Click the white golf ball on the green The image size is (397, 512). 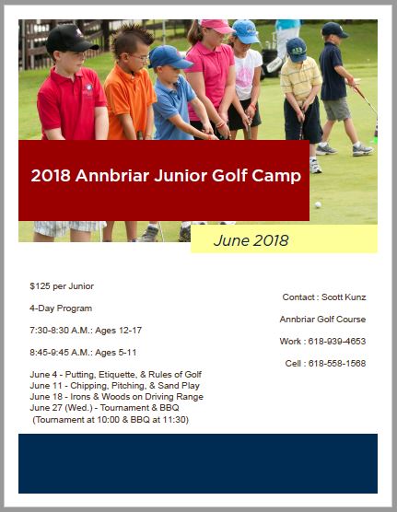(318, 204)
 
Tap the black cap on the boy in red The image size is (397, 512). (69, 40)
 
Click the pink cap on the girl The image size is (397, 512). (216, 26)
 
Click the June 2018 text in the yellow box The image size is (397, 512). (251, 240)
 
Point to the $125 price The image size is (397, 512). (40, 286)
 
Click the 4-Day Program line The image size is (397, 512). (61, 308)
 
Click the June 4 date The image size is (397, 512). (43, 375)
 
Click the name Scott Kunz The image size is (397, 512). (344, 297)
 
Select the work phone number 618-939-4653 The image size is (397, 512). (337, 342)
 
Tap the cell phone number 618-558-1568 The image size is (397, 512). (337, 364)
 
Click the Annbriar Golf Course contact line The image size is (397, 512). (322, 320)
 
